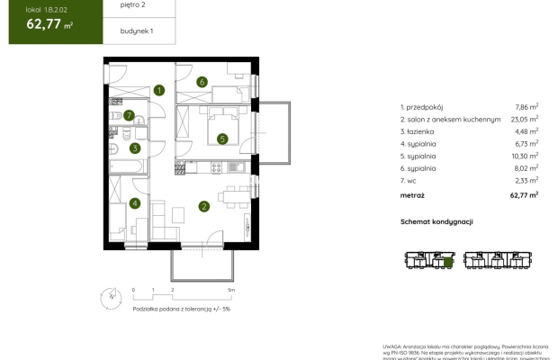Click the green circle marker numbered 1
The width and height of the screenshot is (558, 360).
[158, 90]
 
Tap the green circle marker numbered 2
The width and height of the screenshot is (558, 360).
[204, 207]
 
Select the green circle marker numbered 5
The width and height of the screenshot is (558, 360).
[221, 139]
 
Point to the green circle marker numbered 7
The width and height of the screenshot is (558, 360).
[130, 115]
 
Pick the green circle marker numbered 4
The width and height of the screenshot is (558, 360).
[134, 202]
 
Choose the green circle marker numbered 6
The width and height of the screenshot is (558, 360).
[203, 82]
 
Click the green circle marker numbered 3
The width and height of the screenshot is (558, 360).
[134, 148]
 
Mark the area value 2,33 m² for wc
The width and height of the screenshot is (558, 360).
[526, 179]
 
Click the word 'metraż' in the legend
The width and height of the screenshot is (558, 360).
[413, 193]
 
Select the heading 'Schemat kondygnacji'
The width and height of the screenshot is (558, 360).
[437, 221]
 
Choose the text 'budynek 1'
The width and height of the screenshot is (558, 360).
[137, 31]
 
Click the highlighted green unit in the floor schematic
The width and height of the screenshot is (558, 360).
[447, 264]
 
